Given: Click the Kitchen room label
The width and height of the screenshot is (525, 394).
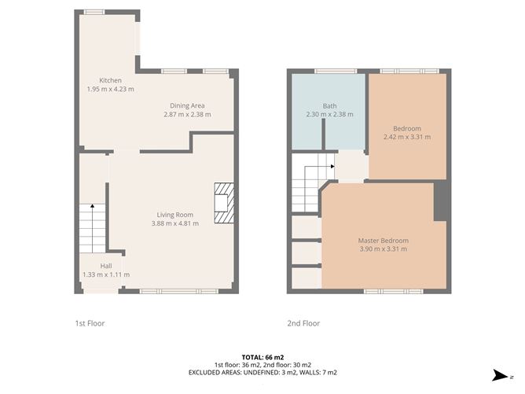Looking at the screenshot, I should [110, 80].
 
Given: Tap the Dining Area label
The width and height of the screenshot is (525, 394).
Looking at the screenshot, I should [188, 105].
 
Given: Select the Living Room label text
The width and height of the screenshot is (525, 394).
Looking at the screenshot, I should [174, 214].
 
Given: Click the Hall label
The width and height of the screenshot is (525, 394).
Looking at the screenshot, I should [105, 266].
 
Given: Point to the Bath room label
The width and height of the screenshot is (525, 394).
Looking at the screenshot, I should [329, 105].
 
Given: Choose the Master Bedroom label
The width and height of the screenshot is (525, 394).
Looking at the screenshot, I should [383, 241].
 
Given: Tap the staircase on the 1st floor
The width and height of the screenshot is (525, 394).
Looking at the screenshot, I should [92, 228].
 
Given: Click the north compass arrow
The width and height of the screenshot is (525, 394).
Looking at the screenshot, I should [498, 376].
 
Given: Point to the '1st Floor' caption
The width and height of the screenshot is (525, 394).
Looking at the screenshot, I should [90, 323].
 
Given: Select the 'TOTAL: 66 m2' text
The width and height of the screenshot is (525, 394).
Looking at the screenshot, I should [262, 357].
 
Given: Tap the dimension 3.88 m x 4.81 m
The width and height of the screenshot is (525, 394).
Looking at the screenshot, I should [174, 223].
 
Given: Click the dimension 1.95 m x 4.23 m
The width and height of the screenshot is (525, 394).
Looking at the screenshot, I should [110, 90].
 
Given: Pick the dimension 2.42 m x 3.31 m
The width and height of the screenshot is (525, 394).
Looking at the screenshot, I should [407, 137].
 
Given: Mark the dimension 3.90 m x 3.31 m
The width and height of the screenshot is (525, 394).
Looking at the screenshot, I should [383, 250].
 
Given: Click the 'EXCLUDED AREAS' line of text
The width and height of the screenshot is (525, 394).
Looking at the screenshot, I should [262, 372].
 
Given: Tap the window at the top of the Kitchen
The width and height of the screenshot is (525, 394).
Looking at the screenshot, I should [94, 12].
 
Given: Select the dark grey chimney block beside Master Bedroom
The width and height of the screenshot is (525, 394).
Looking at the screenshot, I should [442, 200].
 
